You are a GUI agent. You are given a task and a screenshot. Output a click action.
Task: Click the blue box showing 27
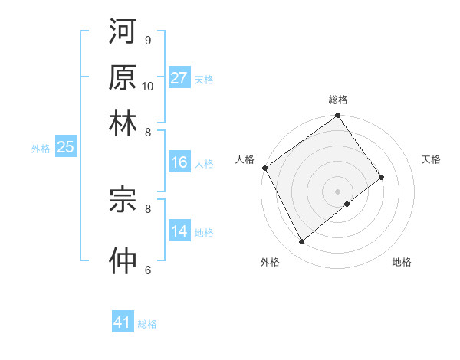[x=179, y=78]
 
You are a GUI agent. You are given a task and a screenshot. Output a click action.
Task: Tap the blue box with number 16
[x=179, y=162]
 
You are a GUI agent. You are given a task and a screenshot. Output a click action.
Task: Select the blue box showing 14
[x=179, y=232]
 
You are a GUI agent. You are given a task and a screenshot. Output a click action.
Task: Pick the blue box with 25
[x=65, y=148]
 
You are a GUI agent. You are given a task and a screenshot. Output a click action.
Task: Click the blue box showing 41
[x=123, y=322]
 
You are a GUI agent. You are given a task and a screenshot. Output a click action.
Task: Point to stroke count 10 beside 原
[x=148, y=86]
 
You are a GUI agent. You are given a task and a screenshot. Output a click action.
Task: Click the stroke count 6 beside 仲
[x=148, y=270]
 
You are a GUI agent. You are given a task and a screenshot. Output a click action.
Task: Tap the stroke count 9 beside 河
[x=148, y=40]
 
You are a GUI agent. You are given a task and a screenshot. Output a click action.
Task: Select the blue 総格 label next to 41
[x=147, y=324]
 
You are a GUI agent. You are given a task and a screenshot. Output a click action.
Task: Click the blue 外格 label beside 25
[x=40, y=149]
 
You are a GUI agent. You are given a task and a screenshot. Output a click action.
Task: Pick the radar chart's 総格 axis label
[x=338, y=100]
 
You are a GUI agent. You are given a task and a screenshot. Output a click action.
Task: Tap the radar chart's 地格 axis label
[x=402, y=263]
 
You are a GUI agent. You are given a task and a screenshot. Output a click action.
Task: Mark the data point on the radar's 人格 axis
[x=264, y=168]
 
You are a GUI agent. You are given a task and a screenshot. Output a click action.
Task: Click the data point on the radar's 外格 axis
[x=301, y=242]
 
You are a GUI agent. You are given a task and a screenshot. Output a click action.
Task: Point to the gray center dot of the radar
[x=337, y=190]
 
